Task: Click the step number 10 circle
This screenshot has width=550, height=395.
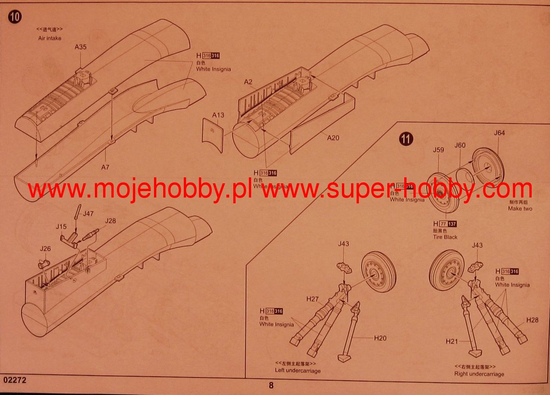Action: tap(15, 17)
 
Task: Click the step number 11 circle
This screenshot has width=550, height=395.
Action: tap(406, 138)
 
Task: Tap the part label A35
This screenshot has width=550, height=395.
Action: tap(81, 47)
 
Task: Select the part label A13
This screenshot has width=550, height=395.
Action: tap(218, 115)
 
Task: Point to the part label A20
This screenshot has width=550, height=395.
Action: tap(333, 137)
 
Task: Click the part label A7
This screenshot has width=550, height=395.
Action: tap(105, 167)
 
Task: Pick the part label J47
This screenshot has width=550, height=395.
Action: tap(88, 214)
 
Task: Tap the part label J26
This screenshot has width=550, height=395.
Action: tap(45, 249)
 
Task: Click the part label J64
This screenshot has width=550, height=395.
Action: tap(500, 133)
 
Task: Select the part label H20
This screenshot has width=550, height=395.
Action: tap(380, 338)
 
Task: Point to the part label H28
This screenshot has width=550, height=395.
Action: tap(532, 320)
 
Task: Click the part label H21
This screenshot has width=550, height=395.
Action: tap(452, 341)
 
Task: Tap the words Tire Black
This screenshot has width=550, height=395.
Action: tap(444, 237)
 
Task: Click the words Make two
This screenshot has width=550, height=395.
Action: tap(520, 208)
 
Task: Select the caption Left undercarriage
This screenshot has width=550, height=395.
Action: tap(298, 371)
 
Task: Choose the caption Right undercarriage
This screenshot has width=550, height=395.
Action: tap(479, 374)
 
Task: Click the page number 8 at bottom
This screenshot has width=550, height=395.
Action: tap(271, 385)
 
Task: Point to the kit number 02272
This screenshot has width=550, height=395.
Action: tap(14, 380)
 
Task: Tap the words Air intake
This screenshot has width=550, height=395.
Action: tap(49, 38)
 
